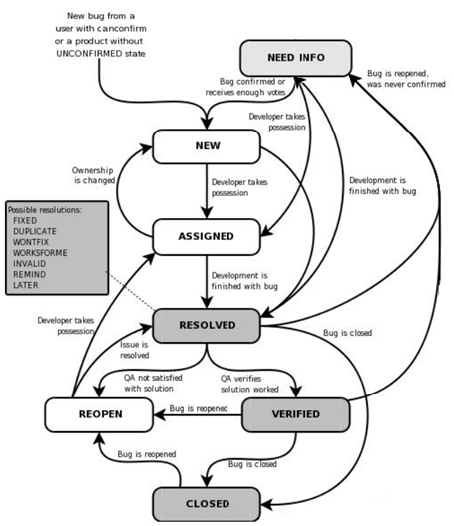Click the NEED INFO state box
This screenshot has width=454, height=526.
click(x=296, y=58)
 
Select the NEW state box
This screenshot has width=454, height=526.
click(x=207, y=146)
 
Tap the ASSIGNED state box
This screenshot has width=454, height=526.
click(x=207, y=237)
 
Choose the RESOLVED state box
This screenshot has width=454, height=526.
click(x=207, y=326)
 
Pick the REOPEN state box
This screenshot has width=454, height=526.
click(x=99, y=415)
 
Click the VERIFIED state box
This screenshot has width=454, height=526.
click(x=296, y=415)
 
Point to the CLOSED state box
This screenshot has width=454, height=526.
click(x=207, y=504)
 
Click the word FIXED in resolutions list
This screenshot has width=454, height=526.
click(x=25, y=221)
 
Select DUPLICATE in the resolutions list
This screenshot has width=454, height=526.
click(x=35, y=231)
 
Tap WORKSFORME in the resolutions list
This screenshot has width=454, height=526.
click(x=40, y=253)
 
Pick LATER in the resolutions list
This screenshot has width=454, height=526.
click(x=26, y=285)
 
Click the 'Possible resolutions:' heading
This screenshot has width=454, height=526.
click(x=45, y=210)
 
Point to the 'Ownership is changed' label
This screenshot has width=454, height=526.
click(x=93, y=175)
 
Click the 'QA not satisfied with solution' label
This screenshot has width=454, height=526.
click(x=153, y=383)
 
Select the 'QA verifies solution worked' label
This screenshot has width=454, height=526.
click(x=249, y=384)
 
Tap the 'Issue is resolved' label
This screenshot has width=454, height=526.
click(x=134, y=350)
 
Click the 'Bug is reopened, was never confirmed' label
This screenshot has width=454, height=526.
click(x=406, y=79)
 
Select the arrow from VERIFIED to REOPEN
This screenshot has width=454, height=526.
click(x=198, y=415)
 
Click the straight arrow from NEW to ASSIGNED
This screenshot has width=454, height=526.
click(x=207, y=191)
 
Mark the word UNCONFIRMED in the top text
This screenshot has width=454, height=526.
click(x=89, y=54)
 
